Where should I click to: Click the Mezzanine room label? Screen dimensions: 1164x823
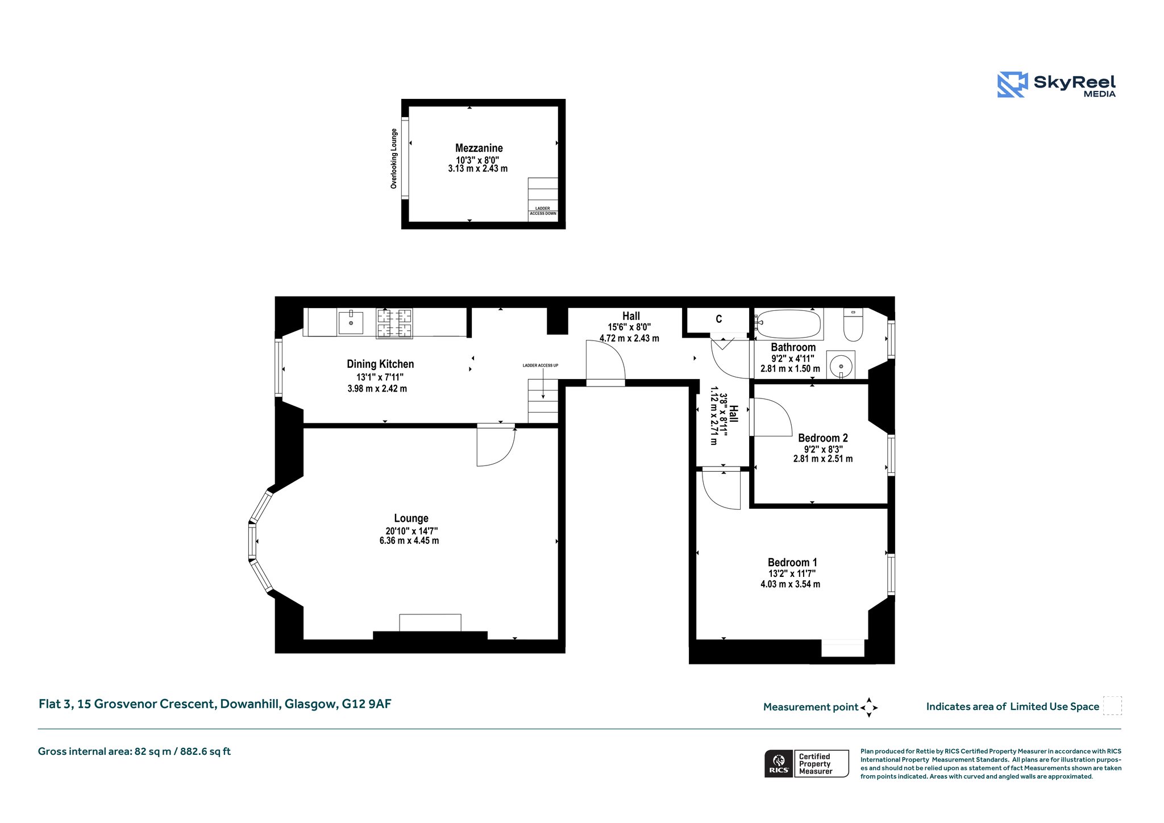tap(479, 148)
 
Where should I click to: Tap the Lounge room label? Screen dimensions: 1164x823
tap(411, 518)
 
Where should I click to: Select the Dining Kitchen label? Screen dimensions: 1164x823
tap(380, 364)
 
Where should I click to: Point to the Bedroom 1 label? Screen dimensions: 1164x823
tap(792, 562)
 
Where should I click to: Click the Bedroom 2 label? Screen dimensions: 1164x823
tap(822, 438)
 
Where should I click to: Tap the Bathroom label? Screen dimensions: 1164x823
tap(793, 347)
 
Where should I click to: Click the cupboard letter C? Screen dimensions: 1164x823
tap(718, 319)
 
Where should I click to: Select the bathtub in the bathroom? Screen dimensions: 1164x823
tap(788, 324)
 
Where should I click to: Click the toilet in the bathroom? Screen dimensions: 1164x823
tap(853, 324)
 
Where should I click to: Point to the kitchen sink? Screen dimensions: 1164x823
tap(351, 323)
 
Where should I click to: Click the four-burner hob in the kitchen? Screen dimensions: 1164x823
tap(394, 323)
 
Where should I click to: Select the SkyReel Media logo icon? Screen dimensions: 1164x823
tap(1012, 85)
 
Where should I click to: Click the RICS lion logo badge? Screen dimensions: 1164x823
tap(779, 763)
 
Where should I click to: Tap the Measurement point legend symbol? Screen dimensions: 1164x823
tap(869, 708)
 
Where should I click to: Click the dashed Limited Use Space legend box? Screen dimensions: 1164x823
tap(1112, 705)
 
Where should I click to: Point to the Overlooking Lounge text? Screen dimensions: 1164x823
tap(393, 159)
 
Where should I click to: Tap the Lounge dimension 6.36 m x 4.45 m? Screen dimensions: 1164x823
tap(409, 541)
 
